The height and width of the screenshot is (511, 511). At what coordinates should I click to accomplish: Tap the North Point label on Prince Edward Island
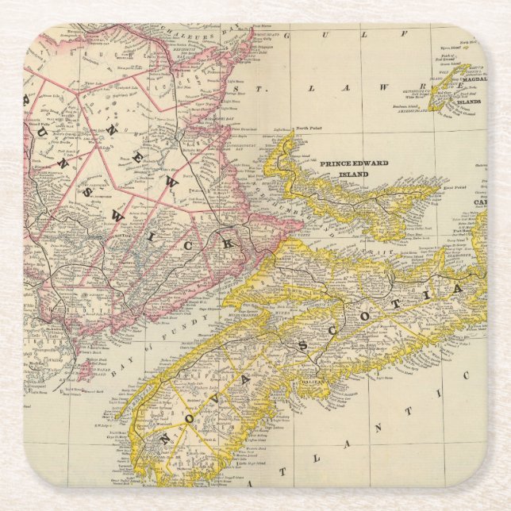[x=306, y=129]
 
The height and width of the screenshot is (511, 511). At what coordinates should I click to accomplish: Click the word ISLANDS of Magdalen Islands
[x=469, y=102]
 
